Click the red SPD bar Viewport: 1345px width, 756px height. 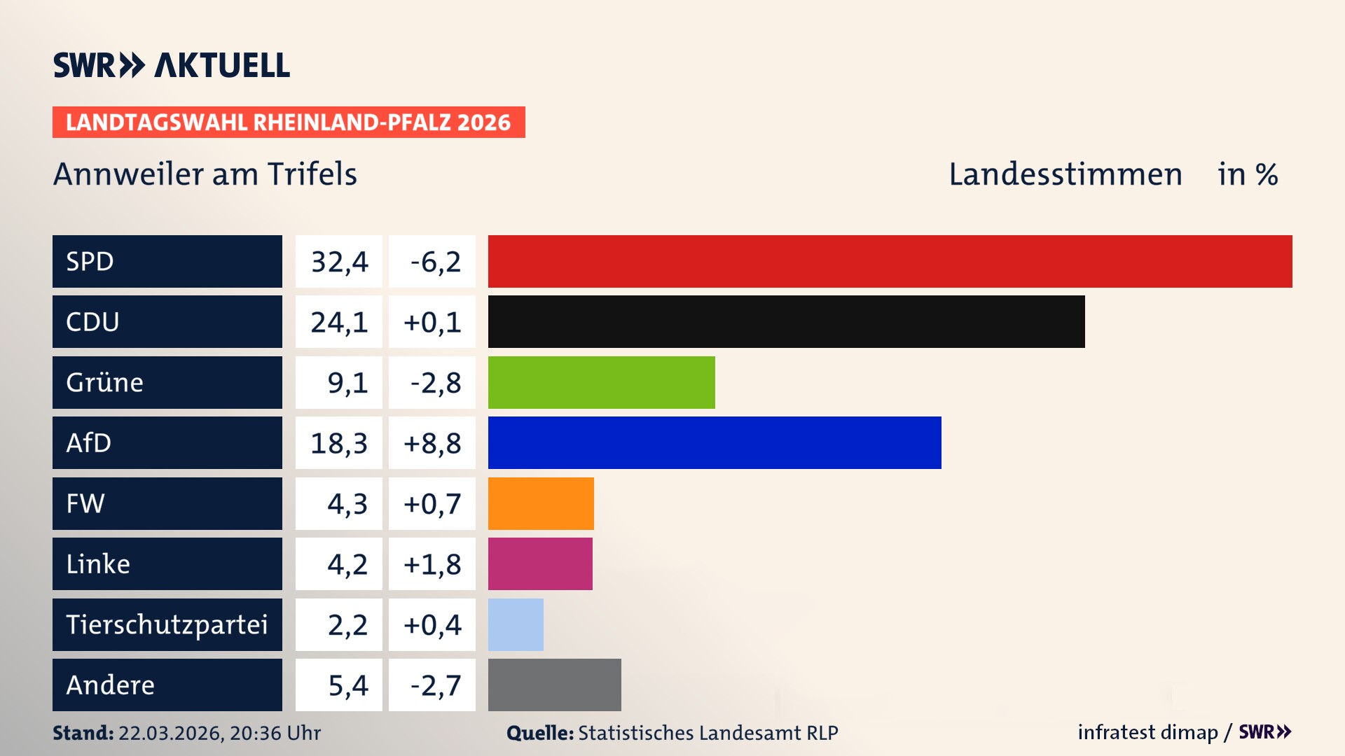point(890,261)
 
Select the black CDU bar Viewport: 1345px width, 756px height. point(786,321)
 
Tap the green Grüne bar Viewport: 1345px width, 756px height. point(601,382)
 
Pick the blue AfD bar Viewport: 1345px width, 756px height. point(715,442)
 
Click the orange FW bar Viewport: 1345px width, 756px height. point(541,503)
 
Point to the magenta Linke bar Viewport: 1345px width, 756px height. point(540,563)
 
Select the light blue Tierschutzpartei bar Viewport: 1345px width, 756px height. point(516,624)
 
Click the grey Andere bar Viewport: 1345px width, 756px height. point(554,685)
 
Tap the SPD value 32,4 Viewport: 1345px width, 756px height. point(339,262)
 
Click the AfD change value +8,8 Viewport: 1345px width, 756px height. point(432,443)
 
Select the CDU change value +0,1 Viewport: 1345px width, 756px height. point(432,322)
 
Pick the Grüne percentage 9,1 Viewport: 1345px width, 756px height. point(347,383)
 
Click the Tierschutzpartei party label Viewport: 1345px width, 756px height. point(167,624)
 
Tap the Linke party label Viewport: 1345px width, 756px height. point(98,564)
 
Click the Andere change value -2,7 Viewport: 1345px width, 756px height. point(435,685)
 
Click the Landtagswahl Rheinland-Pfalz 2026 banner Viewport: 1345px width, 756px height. point(288,122)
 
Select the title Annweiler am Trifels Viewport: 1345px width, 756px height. point(205,174)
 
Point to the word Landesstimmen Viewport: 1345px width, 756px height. point(1065,174)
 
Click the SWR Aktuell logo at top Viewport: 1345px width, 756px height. point(172,65)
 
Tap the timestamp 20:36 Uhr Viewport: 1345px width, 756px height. point(275,733)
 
